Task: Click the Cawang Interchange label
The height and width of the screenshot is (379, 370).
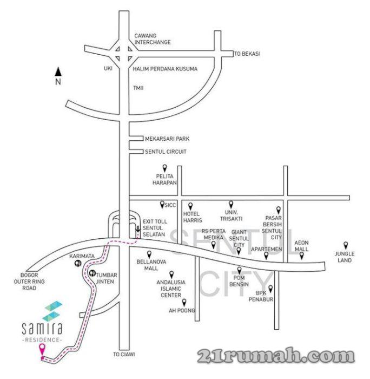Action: click(x=152, y=38)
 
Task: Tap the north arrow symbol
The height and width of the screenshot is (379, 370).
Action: click(x=60, y=71)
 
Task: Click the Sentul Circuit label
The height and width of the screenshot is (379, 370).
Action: click(x=166, y=152)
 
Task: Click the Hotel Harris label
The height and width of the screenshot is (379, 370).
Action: click(x=192, y=217)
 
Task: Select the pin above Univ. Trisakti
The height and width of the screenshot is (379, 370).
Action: click(x=231, y=204)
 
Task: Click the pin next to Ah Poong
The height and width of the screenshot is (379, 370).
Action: click(x=184, y=303)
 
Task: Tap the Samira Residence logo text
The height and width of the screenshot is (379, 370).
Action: click(x=43, y=327)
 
